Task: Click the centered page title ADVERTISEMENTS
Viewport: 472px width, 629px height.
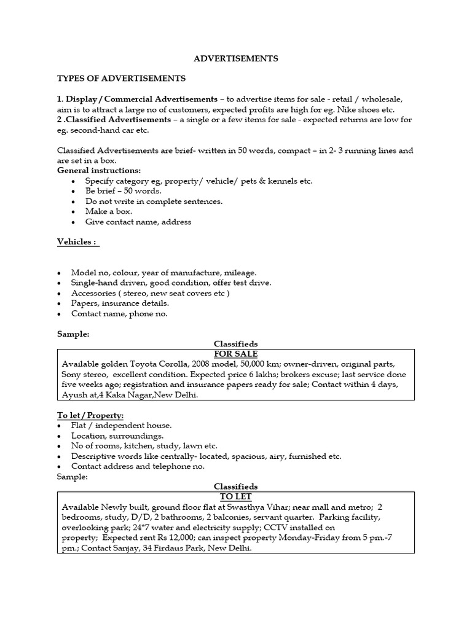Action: click(236, 59)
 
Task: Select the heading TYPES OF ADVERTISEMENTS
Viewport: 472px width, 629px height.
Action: click(121, 79)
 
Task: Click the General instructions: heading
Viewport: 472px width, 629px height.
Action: click(99, 170)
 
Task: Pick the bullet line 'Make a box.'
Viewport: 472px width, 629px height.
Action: click(109, 211)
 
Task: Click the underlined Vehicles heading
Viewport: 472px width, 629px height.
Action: click(77, 242)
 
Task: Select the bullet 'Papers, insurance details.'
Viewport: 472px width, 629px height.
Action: click(120, 303)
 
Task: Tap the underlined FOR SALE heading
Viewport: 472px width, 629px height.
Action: click(235, 354)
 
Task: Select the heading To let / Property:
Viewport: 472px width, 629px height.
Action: click(90, 416)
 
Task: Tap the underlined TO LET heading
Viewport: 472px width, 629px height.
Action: click(235, 497)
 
